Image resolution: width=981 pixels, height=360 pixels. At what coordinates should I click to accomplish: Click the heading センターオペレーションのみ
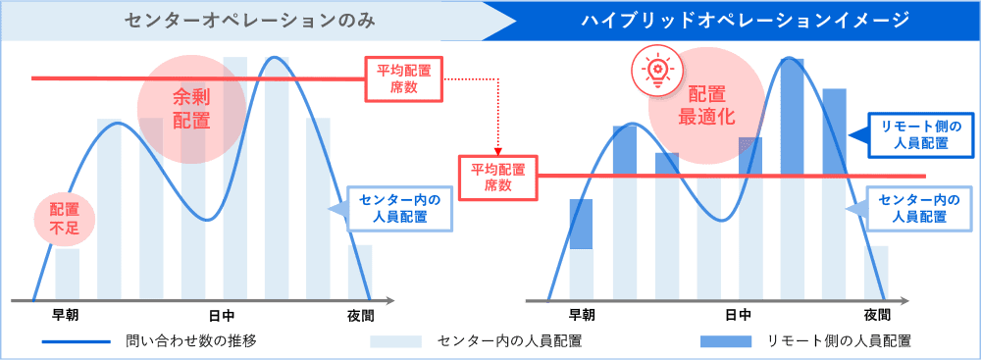(x=245, y=20)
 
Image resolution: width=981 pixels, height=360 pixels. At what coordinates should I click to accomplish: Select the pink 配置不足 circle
(x=65, y=218)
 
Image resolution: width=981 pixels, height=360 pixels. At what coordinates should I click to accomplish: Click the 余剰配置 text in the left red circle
(x=190, y=108)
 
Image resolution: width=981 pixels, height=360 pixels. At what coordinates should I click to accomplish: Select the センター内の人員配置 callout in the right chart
(x=911, y=208)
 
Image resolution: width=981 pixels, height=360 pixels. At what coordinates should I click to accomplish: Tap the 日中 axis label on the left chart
(x=221, y=316)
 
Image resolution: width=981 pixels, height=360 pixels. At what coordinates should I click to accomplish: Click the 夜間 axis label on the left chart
(x=360, y=316)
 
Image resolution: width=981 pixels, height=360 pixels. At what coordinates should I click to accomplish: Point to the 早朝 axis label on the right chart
(x=582, y=316)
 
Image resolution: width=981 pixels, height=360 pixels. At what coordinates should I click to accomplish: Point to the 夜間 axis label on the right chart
(x=876, y=316)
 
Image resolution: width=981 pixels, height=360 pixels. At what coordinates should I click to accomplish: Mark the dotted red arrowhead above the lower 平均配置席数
(x=498, y=152)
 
